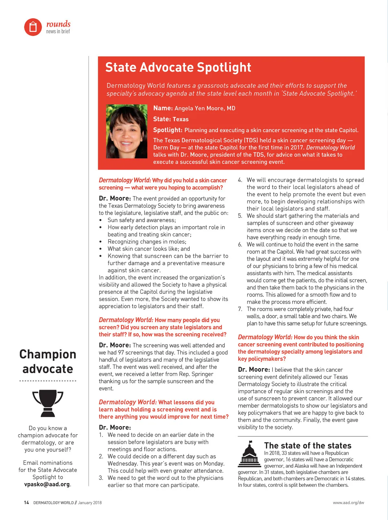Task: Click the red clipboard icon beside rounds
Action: click(x=33, y=27)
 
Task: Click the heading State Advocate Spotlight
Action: click(x=178, y=67)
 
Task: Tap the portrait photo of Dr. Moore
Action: click(x=126, y=131)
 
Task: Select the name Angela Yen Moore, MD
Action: click(x=205, y=108)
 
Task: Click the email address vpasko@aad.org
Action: click(x=47, y=484)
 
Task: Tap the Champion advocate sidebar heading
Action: click(x=48, y=361)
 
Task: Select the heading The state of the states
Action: click(x=307, y=446)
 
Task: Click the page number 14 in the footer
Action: click(x=27, y=503)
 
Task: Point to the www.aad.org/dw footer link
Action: click(x=348, y=503)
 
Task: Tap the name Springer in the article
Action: click(x=202, y=374)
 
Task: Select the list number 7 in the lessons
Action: click(x=240, y=309)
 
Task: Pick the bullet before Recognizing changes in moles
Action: click(x=101, y=242)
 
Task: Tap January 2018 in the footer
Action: click(x=90, y=503)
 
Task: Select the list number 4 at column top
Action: click(x=240, y=180)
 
